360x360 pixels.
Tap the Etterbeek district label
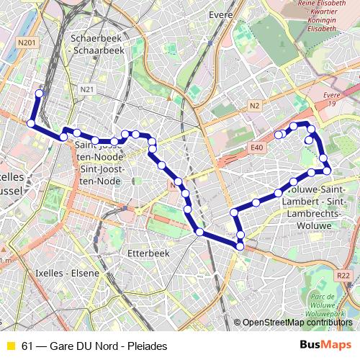[x=127, y=253]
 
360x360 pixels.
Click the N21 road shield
[x=88, y=89]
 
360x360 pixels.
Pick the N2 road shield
[x=254, y=106]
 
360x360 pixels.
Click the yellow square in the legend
[x=10, y=346]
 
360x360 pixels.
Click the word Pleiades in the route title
[x=147, y=346]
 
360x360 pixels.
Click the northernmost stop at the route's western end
[x=40, y=92]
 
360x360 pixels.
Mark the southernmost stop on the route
[x=240, y=247]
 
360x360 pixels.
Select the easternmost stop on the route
[x=327, y=171]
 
